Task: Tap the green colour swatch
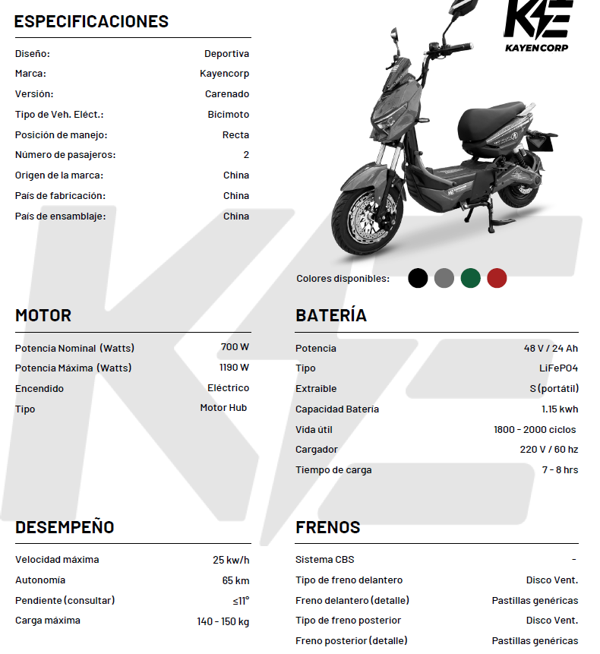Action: (470, 278)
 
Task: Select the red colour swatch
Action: (497, 278)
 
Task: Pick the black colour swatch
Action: (418, 278)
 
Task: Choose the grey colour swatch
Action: (444, 278)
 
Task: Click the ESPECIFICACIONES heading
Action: (91, 21)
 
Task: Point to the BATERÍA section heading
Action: (331, 315)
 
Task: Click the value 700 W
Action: (235, 347)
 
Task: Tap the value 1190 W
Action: (234, 368)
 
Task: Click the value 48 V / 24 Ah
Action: (551, 348)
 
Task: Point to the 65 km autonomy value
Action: (235, 580)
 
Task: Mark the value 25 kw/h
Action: (231, 560)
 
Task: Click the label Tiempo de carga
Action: (333, 470)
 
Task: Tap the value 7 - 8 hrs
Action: (560, 470)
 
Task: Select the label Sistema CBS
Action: (324, 560)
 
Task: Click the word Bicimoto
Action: (228, 115)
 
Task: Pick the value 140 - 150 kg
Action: (223, 621)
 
